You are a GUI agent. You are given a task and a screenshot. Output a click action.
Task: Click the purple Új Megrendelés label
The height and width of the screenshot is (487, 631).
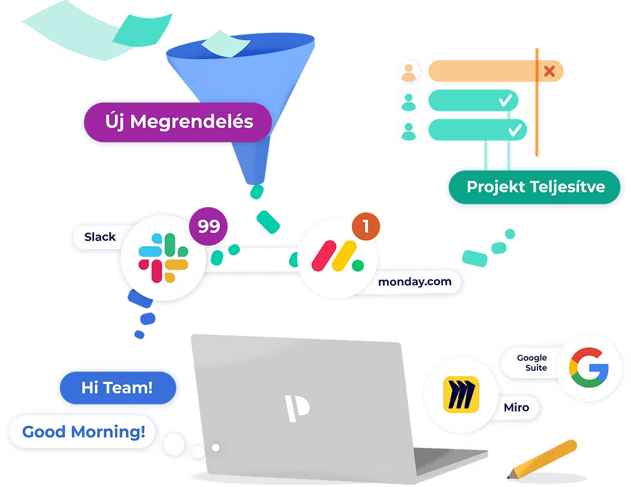[x=179, y=122]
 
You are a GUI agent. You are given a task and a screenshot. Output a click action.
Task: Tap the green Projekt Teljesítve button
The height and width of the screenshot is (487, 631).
[x=535, y=187]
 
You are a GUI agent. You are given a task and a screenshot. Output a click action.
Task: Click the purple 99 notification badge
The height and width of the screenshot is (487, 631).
[x=209, y=226]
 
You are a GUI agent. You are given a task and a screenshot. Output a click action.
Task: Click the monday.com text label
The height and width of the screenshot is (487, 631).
[x=414, y=282]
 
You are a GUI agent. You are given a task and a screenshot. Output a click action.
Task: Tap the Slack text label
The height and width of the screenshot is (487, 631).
[x=100, y=237]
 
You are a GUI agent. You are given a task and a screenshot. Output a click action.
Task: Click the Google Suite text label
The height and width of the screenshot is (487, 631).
[x=532, y=363]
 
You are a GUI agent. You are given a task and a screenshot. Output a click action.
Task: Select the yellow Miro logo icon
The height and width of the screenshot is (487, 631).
[x=461, y=395]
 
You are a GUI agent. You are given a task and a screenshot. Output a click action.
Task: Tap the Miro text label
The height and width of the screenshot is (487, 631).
[x=516, y=407]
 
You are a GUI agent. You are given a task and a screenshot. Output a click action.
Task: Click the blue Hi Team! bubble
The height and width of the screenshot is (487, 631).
[x=117, y=388]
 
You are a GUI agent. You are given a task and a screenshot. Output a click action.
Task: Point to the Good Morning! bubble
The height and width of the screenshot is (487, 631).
[x=84, y=431]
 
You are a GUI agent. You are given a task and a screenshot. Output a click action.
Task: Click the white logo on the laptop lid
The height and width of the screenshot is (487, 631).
[x=297, y=406]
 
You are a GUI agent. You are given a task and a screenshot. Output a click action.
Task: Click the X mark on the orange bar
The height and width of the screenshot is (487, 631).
[x=550, y=71]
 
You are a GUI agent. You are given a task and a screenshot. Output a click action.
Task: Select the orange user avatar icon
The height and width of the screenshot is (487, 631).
[x=410, y=72]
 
